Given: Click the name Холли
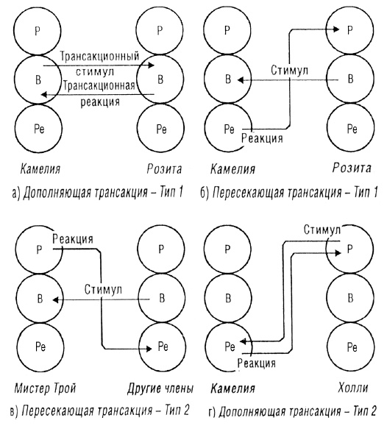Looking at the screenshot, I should point(361,388).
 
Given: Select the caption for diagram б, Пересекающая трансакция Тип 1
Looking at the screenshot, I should point(289,194).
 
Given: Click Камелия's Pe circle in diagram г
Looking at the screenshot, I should point(229,343).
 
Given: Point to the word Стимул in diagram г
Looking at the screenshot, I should point(322,231).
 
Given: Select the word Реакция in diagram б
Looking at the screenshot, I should point(264,135).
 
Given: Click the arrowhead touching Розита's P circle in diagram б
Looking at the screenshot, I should point(335,30).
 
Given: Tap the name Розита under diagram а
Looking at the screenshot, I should point(161,170).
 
